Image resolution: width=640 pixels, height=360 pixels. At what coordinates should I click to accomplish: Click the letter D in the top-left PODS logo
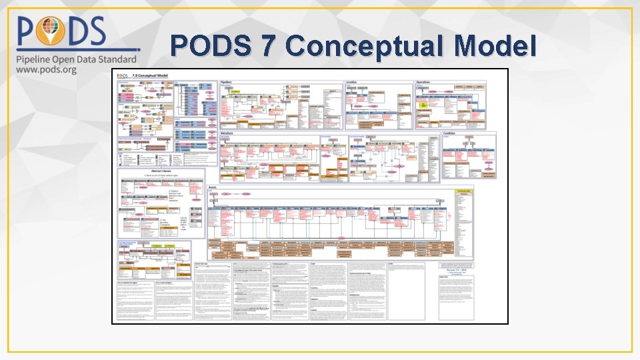pos(85,32)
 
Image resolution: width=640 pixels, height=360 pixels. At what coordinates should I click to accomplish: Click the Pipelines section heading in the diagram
pos(227,82)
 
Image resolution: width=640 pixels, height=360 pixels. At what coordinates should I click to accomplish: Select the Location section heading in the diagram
pos(351,82)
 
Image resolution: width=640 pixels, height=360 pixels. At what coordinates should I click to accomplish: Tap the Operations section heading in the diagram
pos(423,82)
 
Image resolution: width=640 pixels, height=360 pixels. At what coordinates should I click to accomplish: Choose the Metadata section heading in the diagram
pos(227,133)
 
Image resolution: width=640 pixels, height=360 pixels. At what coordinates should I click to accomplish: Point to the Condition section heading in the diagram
pos(449,133)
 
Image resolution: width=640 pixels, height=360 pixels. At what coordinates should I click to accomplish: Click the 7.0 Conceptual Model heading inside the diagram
pos(150,76)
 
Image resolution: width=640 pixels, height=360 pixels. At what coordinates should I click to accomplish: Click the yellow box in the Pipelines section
pos(235,90)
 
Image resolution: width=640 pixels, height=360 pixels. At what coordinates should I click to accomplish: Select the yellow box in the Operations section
pos(423,105)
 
